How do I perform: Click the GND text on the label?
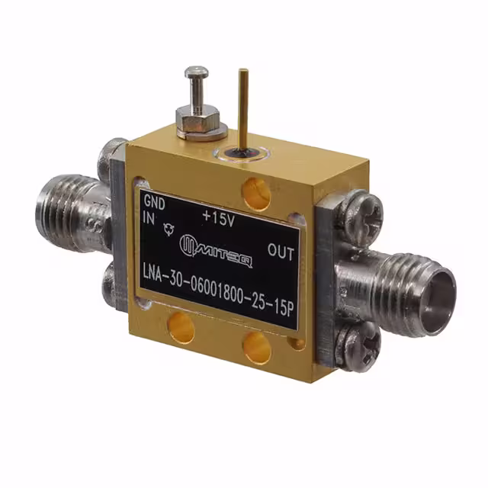click(154, 202)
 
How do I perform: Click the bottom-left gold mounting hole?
click(181, 326)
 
